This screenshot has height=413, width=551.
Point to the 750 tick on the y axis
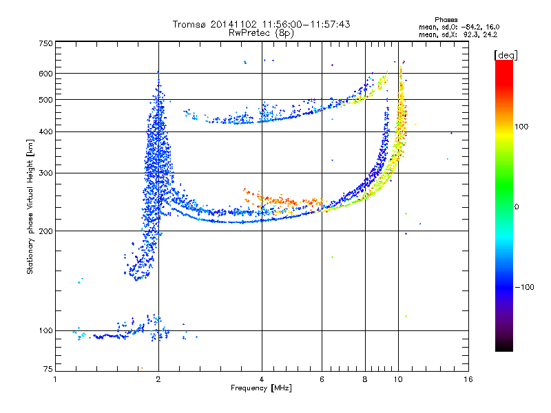point(46,43)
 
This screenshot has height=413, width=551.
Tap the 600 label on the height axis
point(46,74)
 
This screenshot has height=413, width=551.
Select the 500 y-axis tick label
point(46,100)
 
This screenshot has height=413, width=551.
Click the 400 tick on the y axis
point(46,132)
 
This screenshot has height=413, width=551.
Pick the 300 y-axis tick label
point(46,173)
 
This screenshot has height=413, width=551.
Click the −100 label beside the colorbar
point(525,287)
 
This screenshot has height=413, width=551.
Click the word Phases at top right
point(448,19)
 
